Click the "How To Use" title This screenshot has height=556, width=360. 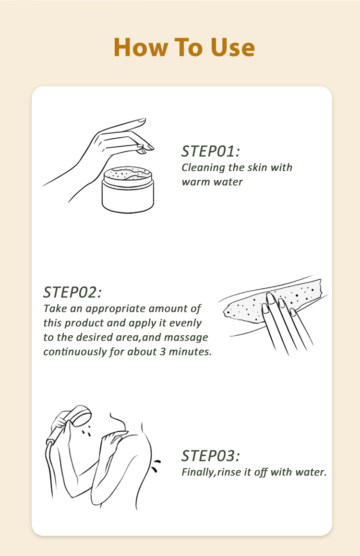pyautogui.click(x=184, y=47)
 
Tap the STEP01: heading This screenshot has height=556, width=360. pyautogui.click(x=211, y=151)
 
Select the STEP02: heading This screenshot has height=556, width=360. pyautogui.click(x=72, y=292)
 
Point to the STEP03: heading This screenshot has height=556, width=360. pyautogui.click(x=211, y=456)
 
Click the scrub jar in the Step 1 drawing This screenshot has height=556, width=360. pyautogui.click(x=128, y=190)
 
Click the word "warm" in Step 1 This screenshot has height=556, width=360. pyautogui.click(x=195, y=182)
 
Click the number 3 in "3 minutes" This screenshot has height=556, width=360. pyautogui.click(x=162, y=352)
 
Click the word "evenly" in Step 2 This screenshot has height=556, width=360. pyautogui.click(x=185, y=323)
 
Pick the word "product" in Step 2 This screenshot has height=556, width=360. pyautogui.click(x=84, y=323)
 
